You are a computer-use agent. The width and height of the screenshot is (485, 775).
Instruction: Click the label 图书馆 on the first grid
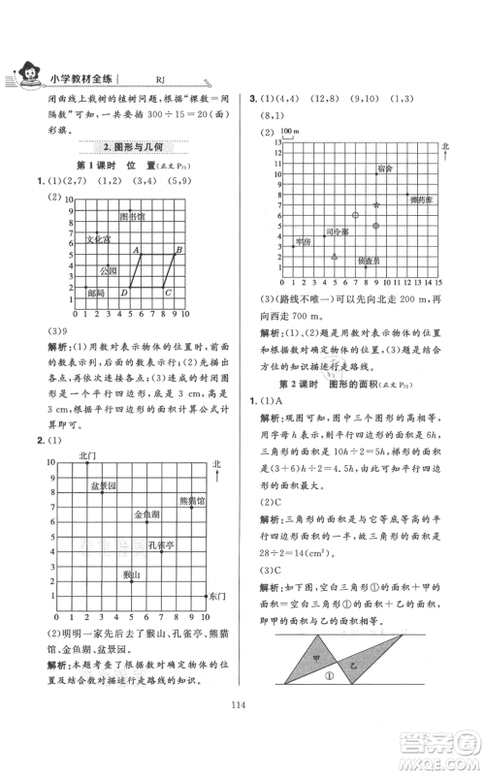pyautogui.click(x=132, y=215)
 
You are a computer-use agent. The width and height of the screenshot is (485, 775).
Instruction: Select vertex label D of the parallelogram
pyautogui.click(x=123, y=293)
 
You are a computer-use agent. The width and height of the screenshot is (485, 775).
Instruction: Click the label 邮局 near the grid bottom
pyautogui.click(x=95, y=292)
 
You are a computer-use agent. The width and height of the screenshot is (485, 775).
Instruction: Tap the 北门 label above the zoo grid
pyautogui.click(x=88, y=454)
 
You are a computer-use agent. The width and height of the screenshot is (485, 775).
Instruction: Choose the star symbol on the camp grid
pyautogui.click(x=376, y=205)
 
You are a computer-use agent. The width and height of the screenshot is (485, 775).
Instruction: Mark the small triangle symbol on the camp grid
pyautogui.click(x=335, y=257)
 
